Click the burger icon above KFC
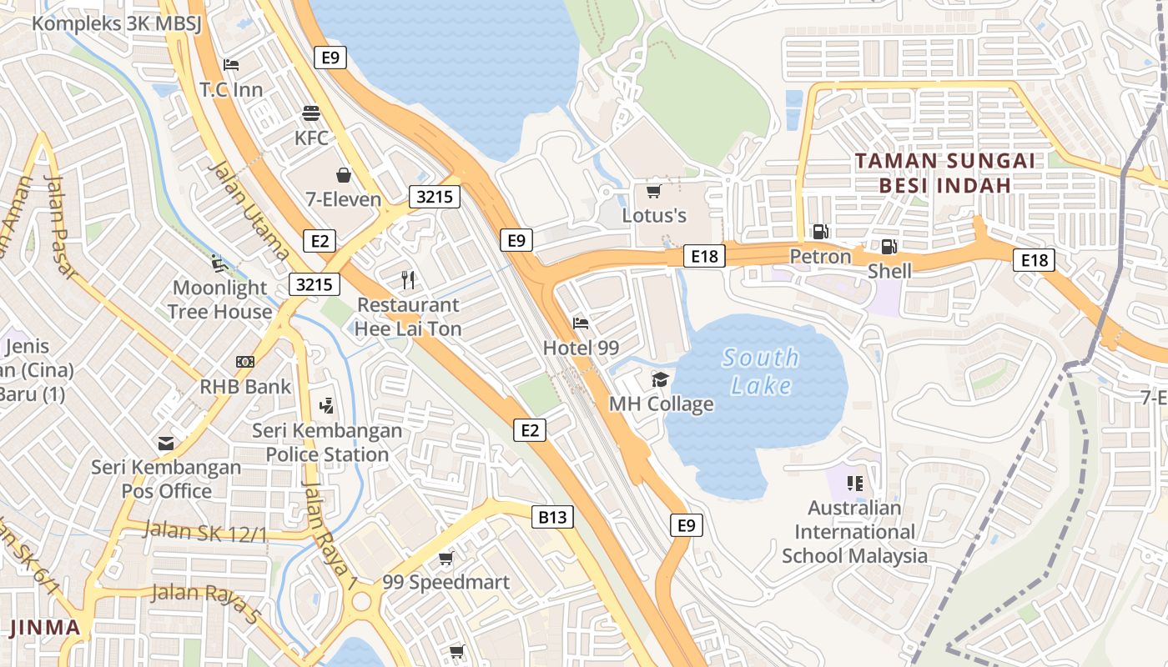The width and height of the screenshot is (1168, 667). (x=311, y=113)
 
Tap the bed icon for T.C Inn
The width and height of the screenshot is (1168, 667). (x=231, y=64)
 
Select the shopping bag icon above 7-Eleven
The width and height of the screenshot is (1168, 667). (x=343, y=174)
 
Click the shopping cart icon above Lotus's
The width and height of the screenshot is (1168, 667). (x=654, y=192)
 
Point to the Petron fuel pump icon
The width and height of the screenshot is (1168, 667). (x=821, y=232)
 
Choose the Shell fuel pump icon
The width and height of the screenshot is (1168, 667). (x=889, y=246)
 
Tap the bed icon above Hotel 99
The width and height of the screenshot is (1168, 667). (x=581, y=323)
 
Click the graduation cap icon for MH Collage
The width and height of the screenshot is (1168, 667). (x=661, y=379)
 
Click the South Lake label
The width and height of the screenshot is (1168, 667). (x=760, y=372)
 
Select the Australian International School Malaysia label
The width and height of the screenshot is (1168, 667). (x=854, y=532)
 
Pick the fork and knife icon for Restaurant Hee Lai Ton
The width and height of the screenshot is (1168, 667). (x=408, y=279)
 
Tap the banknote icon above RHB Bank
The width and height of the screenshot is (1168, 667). (x=245, y=362)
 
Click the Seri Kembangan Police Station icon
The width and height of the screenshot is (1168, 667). (x=326, y=406)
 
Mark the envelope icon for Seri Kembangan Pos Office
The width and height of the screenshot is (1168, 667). (x=166, y=444)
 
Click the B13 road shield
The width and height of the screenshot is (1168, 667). (x=552, y=517)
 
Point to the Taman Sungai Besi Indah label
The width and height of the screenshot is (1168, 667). (x=944, y=173)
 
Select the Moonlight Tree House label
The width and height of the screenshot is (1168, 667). (x=220, y=299)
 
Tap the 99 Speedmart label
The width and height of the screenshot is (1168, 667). (x=446, y=582)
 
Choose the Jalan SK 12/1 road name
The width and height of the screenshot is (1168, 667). (x=205, y=531)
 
